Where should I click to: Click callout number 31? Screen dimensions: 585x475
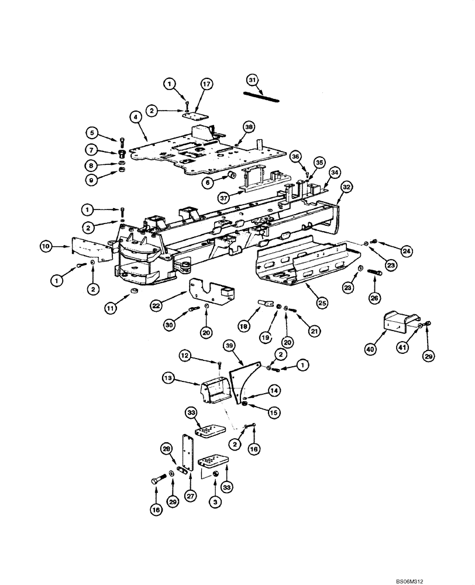(252, 80)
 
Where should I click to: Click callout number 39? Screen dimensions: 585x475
(230, 347)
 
